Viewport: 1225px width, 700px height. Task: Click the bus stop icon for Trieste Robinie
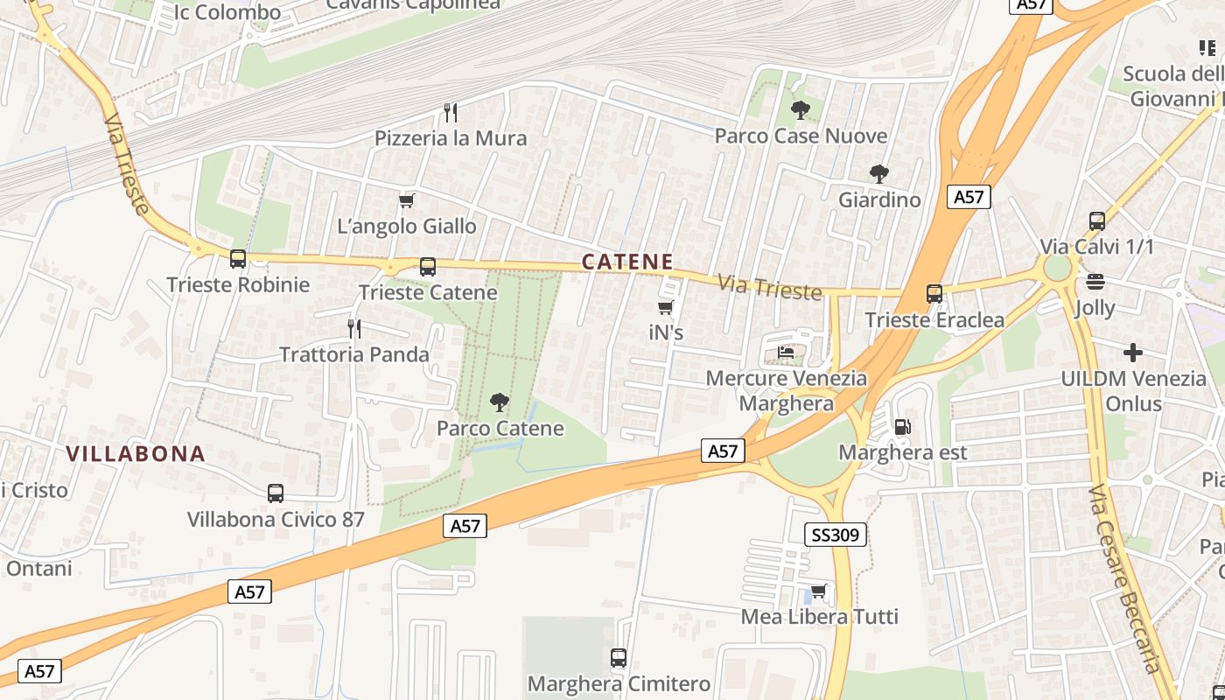(x=238, y=259)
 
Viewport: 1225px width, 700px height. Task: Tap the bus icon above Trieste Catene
(x=428, y=267)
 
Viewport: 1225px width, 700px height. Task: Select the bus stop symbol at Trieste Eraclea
(x=934, y=294)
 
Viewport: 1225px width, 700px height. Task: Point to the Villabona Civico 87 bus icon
(x=276, y=493)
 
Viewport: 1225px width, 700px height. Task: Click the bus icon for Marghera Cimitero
(x=619, y=658)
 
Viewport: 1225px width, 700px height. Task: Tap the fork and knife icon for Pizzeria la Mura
(x=451, y=113)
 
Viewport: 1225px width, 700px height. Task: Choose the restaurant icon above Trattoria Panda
(x=354, y=329)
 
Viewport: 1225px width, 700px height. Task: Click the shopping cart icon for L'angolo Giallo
(x=407, y=201)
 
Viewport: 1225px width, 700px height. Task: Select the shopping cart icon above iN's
(x=666, y=308)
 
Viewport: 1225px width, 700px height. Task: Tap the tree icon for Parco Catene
(x=500, y=402)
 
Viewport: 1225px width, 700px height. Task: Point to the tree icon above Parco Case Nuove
(x=800, y=110)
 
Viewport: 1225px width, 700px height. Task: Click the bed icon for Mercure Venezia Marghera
(x=787, y=353)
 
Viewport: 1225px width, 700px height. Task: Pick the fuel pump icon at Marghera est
(x=902, y=427)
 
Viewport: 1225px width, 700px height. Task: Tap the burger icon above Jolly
(x=1095, y=282)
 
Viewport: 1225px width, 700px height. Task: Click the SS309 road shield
(x=835, y=535)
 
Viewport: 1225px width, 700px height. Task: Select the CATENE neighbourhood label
(x=627, y=262)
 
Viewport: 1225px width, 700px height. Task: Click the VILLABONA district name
(x=136, y=454)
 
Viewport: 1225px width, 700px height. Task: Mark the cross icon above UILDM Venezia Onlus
(x=1133, y=353)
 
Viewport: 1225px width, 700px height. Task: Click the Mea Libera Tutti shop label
(x=819, y=617)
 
